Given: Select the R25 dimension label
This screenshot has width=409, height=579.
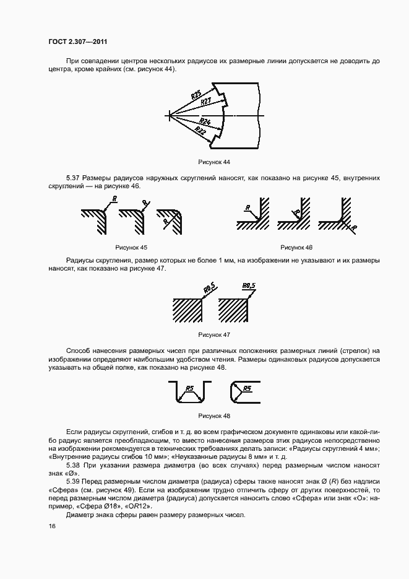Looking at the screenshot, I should [196, 95].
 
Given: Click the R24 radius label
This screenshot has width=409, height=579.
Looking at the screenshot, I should [205, 121].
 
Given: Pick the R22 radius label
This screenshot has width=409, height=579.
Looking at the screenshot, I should [200, 130].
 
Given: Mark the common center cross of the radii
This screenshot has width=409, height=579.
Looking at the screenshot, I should [169, 115].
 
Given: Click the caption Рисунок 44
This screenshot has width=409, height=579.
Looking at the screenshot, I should [213, 162].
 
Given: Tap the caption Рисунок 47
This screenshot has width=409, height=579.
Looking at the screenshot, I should [213, 334].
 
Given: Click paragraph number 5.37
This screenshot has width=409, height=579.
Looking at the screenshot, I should [74, 178].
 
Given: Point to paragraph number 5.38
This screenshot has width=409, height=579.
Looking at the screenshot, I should [74, 464].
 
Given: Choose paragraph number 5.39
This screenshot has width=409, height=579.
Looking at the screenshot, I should [74, 481].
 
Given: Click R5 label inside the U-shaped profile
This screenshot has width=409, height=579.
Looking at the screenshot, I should [190, 388].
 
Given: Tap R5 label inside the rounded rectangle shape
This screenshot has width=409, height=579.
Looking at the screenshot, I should [247, 388].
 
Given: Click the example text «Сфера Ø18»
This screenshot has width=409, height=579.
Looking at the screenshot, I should [90, 507].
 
